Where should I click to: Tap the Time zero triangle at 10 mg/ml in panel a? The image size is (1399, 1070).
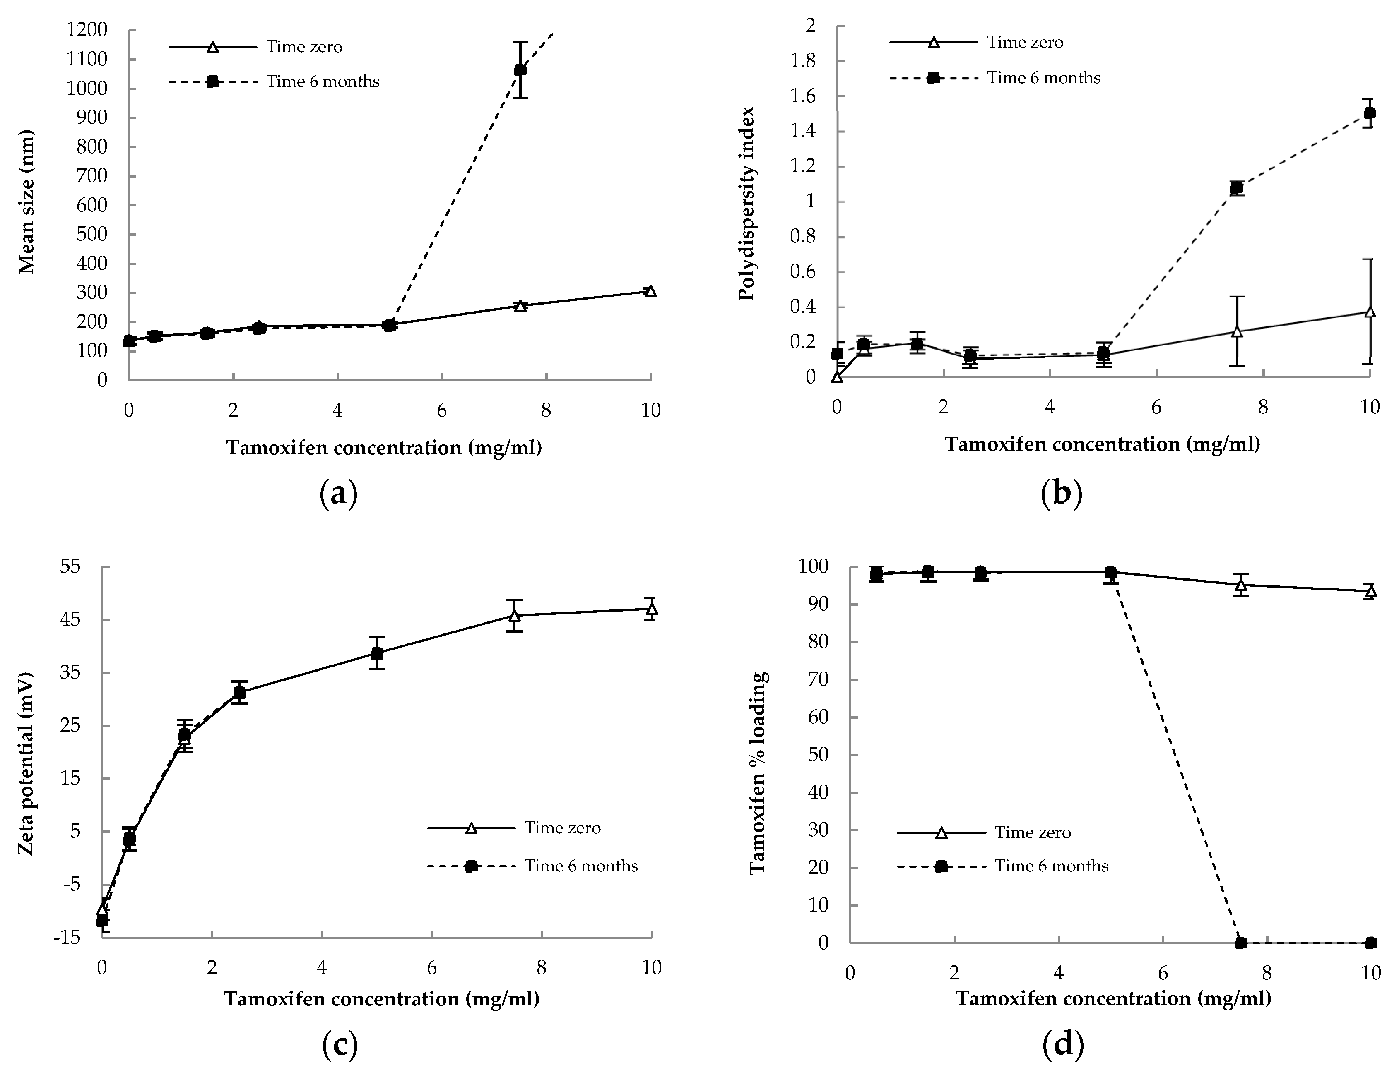650,291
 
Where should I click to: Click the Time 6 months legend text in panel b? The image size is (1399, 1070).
1043,78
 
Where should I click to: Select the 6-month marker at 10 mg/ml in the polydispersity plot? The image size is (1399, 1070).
1369,113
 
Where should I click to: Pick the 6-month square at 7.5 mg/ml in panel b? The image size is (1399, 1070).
1236,188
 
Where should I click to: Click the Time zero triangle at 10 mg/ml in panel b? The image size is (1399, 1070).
1369,312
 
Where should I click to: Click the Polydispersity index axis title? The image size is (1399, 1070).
746,202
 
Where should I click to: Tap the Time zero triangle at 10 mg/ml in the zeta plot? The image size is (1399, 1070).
651,609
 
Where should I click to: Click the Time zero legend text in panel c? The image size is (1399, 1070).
562,828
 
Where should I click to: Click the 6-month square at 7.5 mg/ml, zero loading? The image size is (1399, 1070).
1240,943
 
